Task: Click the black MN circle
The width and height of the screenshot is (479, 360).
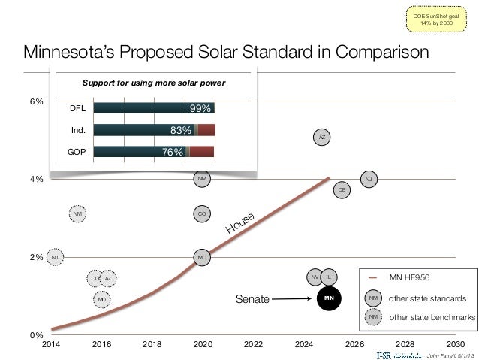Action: (327, 298)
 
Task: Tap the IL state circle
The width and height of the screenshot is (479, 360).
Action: (330, 278)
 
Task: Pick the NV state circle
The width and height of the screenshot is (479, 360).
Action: (315, 278)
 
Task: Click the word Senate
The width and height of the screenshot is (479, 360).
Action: (252, 299)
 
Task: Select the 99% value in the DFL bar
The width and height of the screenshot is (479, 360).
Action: (199, 108)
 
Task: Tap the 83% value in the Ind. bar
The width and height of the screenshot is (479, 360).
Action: (182, 129)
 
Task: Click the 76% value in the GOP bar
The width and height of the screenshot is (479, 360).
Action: (173, 152)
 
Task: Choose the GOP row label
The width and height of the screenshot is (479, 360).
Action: (77, 152)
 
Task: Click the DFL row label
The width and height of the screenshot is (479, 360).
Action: (77, 108)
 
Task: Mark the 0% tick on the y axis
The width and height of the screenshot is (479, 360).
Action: (36, 334)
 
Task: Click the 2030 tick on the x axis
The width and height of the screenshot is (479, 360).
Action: (456, 346)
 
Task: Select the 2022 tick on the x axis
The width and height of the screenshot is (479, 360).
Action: (253, 346)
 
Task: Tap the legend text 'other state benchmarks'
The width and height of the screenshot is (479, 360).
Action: (432, 317)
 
